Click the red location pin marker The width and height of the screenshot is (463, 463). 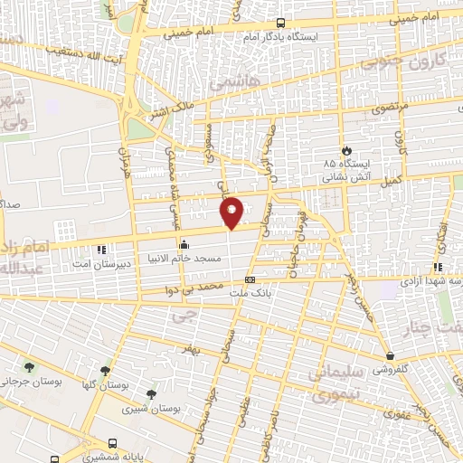click(x=232, y=212)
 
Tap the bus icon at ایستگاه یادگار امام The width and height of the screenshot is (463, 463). click(x=279, y=24)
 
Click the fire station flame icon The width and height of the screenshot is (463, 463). click(x=346, y=150)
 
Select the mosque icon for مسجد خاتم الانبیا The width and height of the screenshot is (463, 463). click(x=184, y=243)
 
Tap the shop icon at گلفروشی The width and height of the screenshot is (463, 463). click(x=390, y=355)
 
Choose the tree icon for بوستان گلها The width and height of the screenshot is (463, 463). click(x=106, y=370)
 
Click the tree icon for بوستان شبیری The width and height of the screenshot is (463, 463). click(x=151, y=394)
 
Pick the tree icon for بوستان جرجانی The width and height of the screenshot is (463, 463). click(x=30, y=367)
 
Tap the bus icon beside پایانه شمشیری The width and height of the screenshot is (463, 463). click(x=111, y=444)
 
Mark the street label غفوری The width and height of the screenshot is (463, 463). click(x=394, y=414)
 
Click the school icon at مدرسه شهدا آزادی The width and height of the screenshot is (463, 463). click(x=437, y=268)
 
